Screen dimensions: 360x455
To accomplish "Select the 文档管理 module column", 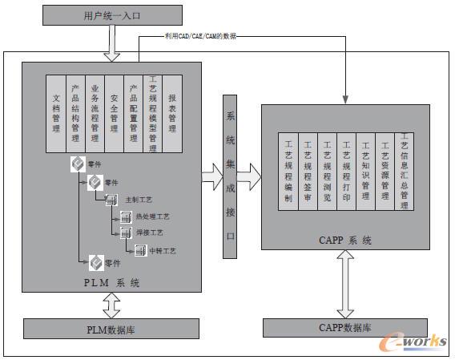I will (x=56, y=113).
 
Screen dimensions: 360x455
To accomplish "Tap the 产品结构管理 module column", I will (x=75, y=113).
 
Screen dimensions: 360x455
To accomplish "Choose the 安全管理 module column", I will (x=115, y=113).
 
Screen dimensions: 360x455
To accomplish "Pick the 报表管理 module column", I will (x=172, y=113).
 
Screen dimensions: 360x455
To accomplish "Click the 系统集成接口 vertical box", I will (x=229, y=176).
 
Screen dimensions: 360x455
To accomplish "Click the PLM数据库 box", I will (x=111, y=328).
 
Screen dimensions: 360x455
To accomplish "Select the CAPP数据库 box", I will (x=346, y=328).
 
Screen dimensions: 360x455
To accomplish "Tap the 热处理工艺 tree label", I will (x=153, y=217).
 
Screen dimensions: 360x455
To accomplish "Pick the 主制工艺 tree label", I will (x=137, y=200).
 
